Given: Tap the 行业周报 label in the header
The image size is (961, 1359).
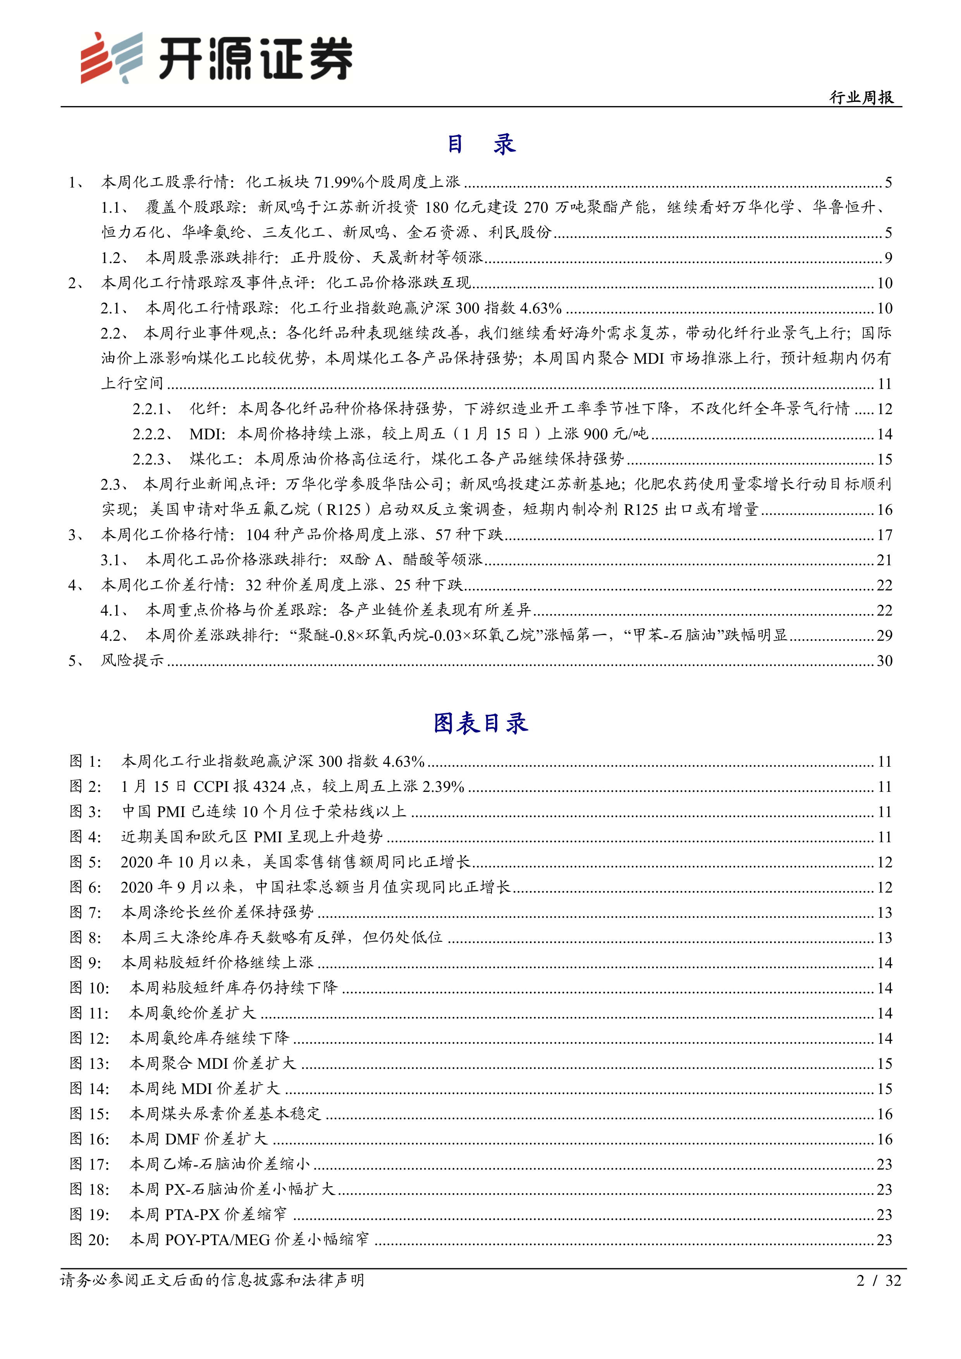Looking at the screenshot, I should pos(861,97).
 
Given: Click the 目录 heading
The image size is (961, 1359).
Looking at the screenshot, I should pos(480,144).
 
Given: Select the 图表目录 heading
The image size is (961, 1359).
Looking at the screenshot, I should pos(480,723).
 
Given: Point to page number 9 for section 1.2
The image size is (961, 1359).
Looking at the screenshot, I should pos(888,258).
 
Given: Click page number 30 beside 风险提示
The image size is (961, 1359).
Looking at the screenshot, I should pos(884,661).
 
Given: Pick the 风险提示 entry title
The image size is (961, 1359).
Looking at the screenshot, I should pos(132,661).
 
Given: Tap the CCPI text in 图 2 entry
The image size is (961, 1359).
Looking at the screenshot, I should pos(211,787).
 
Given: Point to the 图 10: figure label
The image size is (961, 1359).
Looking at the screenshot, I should pos(89,988).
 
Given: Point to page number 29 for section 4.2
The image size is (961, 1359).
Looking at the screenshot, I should pos(884,636).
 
